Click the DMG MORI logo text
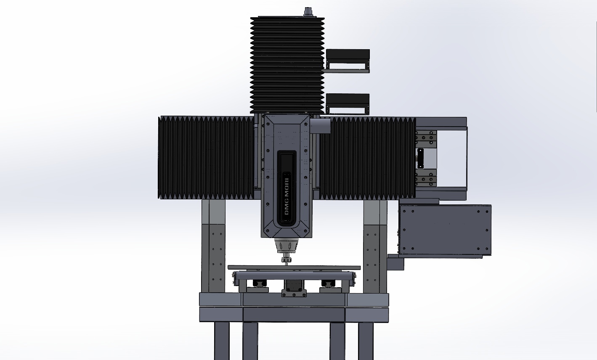[x=287, y=196]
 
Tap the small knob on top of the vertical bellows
[x=308, y=12]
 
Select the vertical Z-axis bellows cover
[x=287, y=65]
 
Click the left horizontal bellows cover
[x=206, y=157]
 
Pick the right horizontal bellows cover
[x=368, y=158]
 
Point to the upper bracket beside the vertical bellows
[x=347, y=61]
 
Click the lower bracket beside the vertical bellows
[x=347, y=104]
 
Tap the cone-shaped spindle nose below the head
[x=287, y=245]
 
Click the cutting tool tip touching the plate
[x=287, y=264]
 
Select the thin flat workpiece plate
[x=294, y=267]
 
